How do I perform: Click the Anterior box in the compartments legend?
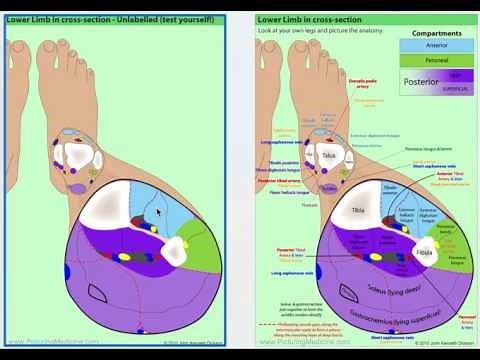tap(436, 45)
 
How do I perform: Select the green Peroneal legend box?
tap(436, 60)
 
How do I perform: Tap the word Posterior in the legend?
tap(420, 82)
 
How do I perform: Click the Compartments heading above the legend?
tap(436, 33)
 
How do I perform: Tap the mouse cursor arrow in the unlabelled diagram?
tap(158, 212)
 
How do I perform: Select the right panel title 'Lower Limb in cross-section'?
tap(308, 19)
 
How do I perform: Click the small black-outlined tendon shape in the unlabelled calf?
tap(97, 293)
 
